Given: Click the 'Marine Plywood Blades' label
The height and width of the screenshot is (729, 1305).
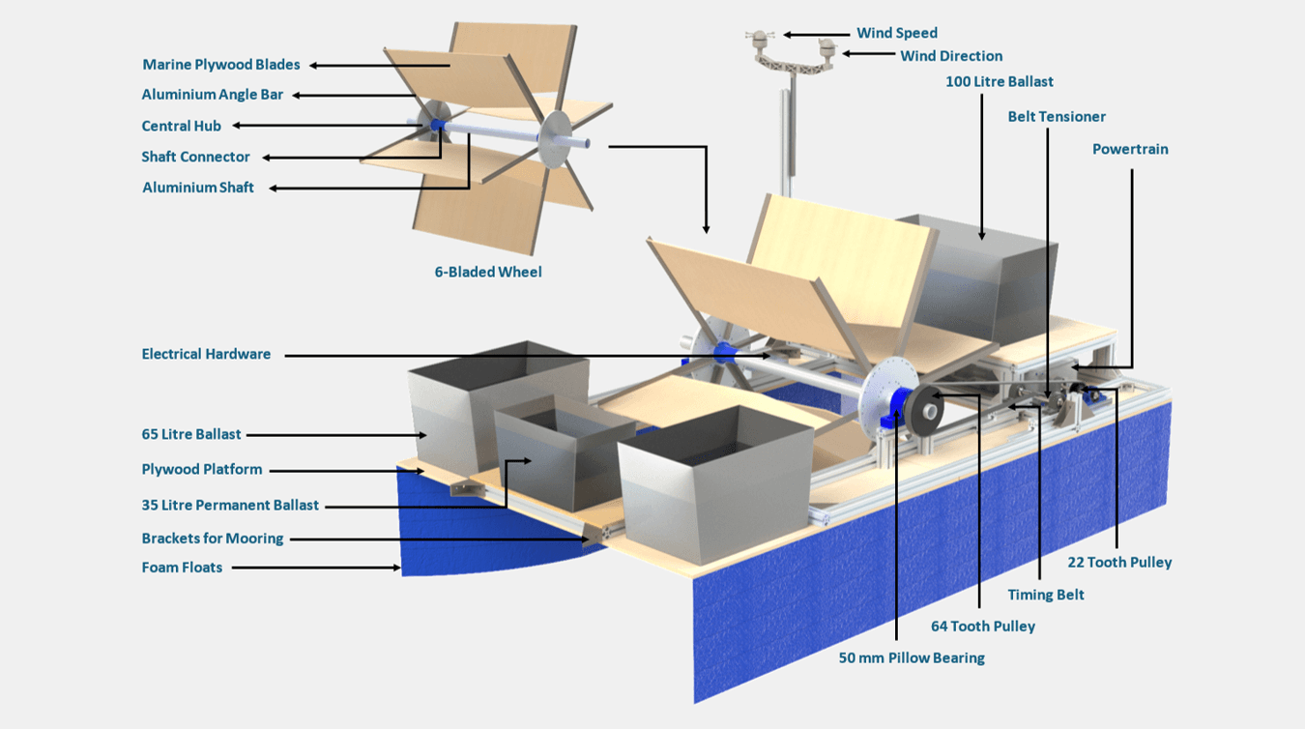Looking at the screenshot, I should point(221,65).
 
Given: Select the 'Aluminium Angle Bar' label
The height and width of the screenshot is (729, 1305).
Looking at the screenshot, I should point(213,95).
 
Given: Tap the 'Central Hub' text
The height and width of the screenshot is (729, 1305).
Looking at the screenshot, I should point(181,126).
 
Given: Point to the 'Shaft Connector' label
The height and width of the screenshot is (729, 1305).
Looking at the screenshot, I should point(195,157).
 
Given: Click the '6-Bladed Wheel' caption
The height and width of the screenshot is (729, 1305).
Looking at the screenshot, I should point(488,272).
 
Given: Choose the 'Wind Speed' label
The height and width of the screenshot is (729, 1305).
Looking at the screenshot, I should point(897,33).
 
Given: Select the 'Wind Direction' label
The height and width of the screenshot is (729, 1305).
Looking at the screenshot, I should point(951,56).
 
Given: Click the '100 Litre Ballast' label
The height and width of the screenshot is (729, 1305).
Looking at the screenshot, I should point(1000,81).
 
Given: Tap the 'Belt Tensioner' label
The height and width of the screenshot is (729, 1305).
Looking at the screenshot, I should point(1057,116).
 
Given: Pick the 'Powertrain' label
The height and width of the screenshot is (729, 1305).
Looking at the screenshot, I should point(1130,149).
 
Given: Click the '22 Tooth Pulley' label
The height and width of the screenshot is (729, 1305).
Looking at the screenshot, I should point(1119,562).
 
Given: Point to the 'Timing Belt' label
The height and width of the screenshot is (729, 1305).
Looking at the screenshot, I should point(1046,595).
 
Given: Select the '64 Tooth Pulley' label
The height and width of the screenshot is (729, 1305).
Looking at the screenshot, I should point(983,626).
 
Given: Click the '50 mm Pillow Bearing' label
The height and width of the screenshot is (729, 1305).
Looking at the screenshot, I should point(912,657).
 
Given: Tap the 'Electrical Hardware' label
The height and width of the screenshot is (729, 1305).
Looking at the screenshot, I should point(206,354).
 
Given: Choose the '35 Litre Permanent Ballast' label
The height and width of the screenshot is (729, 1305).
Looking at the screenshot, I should point(230,505).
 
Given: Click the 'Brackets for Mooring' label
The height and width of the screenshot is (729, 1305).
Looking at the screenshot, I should point(213,538).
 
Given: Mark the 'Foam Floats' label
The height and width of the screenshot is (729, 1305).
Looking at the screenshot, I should point(182,568).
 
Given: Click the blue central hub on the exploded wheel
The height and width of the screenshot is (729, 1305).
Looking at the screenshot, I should point(436,126).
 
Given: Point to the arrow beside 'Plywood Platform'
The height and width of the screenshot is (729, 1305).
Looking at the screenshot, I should point(348,471).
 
